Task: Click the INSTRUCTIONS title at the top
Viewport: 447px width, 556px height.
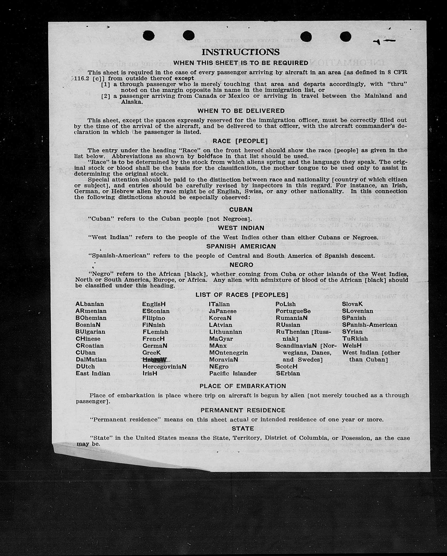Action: (240, 52)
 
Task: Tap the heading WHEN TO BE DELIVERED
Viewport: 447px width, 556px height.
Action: (241, 111)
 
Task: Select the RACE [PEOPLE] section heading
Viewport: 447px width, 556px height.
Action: (240, 141)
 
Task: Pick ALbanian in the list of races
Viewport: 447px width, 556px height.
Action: (90, 304)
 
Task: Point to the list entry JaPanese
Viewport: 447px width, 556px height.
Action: (222, 311)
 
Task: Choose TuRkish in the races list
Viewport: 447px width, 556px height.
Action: (355, 339)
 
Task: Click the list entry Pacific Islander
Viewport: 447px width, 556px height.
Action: (233, 373)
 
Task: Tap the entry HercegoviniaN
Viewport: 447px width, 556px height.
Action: (164, 367)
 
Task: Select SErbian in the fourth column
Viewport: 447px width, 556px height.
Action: (288, 373)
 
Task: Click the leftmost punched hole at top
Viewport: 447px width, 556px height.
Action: (149, 36)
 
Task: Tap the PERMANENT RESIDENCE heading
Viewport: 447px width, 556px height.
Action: (243, 410)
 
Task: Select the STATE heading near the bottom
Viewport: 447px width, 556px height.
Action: (243, 429)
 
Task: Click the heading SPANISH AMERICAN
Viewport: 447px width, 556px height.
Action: (241, 247)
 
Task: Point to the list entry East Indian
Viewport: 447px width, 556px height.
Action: (93, 373)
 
